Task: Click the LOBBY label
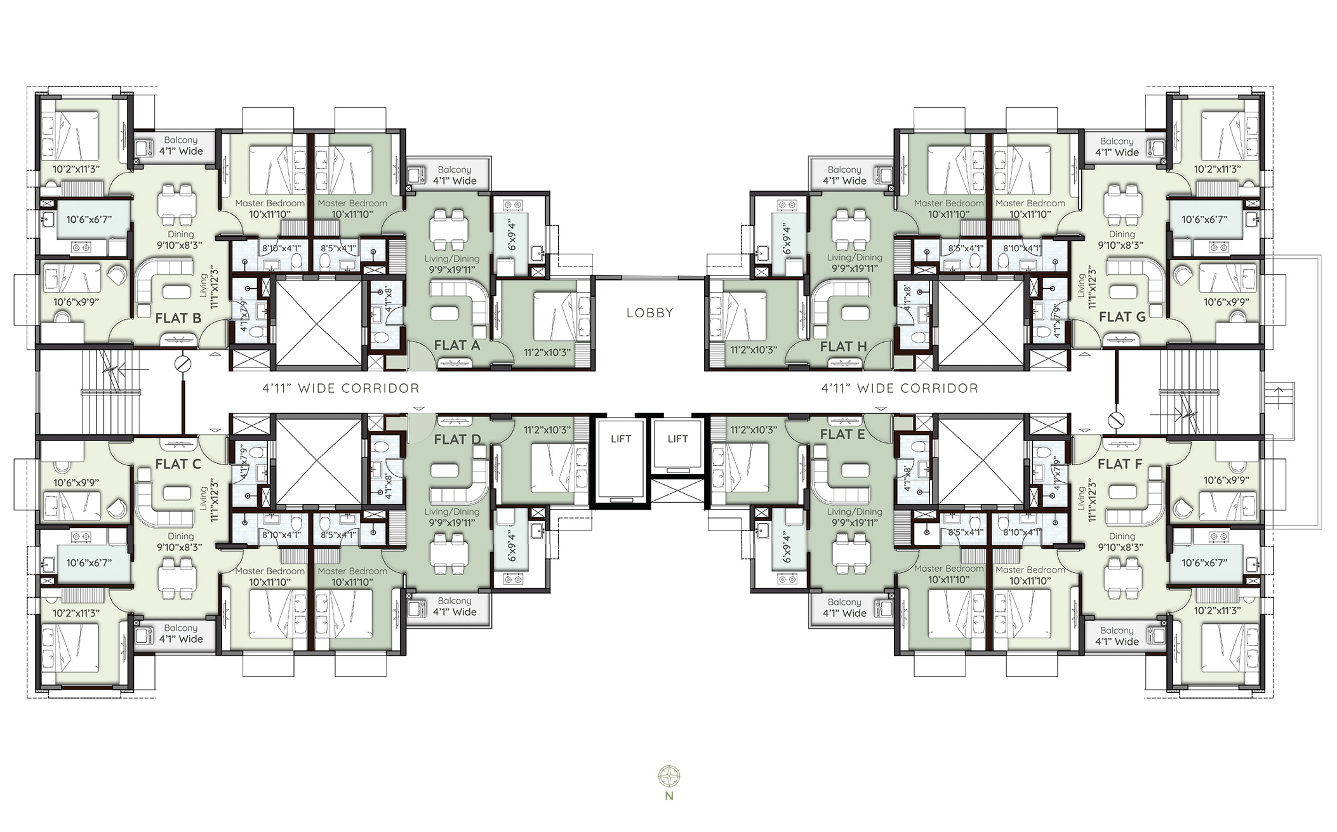pos(649,313)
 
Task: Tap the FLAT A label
pos(457,346)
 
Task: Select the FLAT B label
pos(178,318)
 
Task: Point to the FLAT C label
pos(178,464)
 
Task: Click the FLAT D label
pos(458,439)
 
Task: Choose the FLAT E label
pos(842,435)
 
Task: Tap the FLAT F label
pos(1120,464)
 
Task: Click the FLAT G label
pos(1122,317)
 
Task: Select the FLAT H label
pos(843,347)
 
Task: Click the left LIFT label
pos(621,439)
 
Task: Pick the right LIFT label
pos(678,439)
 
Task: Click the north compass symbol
pos(669,776)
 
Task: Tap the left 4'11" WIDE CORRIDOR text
pos(341,388)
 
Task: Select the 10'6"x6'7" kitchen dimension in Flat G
pos(1204,220)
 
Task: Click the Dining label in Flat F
pos(1122,536)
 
